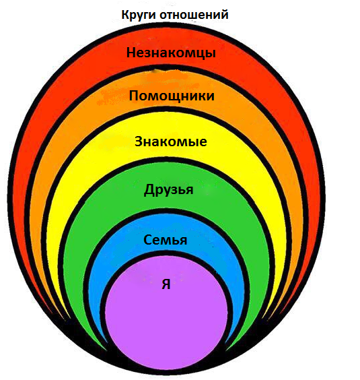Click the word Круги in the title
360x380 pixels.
point(139,15)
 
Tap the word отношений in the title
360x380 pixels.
point(194,15)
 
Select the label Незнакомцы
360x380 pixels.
point(171,53)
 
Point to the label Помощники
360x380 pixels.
point(172,96)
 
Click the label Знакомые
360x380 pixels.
point(171,141)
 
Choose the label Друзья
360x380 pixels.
point(168,189)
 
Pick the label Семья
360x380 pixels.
point(165,240)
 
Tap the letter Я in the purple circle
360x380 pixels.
point(166,284)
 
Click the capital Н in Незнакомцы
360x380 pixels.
point(132,52)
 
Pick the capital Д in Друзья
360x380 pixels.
point(149,190)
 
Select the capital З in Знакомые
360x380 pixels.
point(139,141)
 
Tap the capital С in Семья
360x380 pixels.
point(148,240)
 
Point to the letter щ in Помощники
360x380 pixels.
point(180,97)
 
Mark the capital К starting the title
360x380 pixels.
point(126,15)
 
